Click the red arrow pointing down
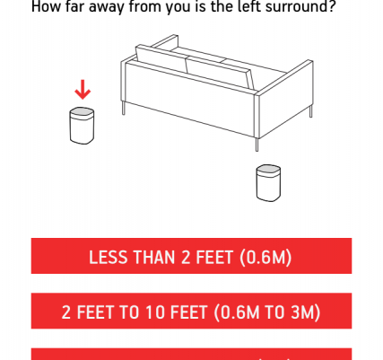click(83, 90)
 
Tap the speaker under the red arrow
click(82, 126)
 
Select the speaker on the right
click(268, 183)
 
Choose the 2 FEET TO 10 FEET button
click(191, 311)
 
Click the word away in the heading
click(107, 6)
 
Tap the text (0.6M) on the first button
click(265, 258)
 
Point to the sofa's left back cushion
click(161, 58)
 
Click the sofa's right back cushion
click(220, 74)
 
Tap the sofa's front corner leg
click(257, 145)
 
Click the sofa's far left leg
click(124, 108)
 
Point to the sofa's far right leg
click(311, 111)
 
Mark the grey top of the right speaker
click(268, 169)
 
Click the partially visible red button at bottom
click(191, 354)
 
